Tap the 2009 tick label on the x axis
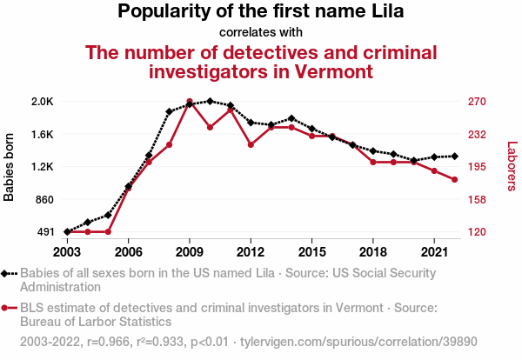190,251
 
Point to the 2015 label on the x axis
311,251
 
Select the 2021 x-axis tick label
434,251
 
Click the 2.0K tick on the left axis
42,102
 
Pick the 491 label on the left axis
45,232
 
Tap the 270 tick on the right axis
478,102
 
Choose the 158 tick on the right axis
478,200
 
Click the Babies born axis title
10,167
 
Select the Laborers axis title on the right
512,167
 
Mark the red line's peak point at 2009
190,102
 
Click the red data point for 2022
454,180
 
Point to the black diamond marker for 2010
210,101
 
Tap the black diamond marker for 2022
454,157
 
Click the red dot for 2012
251,144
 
